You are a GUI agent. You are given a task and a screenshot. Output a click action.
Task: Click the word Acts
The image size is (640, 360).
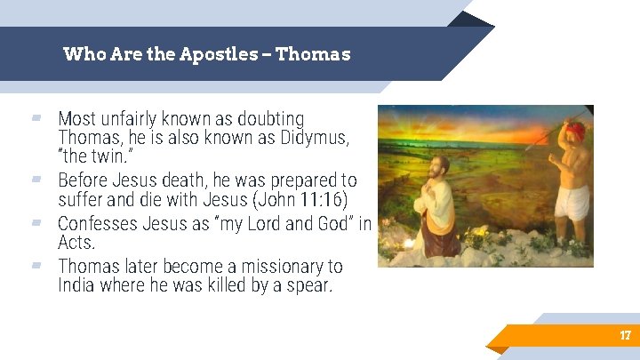tap(76, 242)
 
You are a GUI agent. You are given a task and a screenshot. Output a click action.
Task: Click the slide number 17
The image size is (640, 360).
tap(625, 335)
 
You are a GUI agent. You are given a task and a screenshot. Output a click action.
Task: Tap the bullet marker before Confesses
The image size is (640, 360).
tap(36, 222)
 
